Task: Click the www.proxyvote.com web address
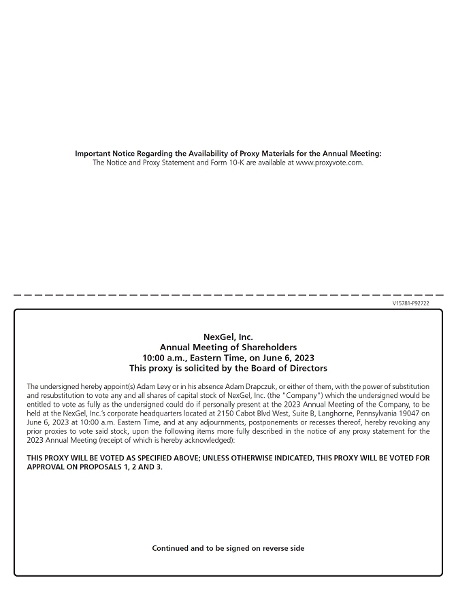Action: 329,162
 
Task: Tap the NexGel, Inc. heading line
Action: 228,337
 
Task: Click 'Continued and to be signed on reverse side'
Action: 228,548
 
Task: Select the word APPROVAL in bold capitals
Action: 48,467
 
